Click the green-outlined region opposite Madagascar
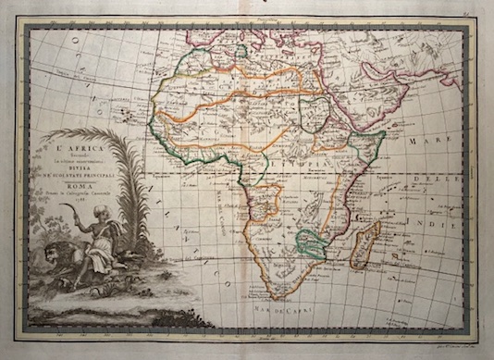pos(312,242)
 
